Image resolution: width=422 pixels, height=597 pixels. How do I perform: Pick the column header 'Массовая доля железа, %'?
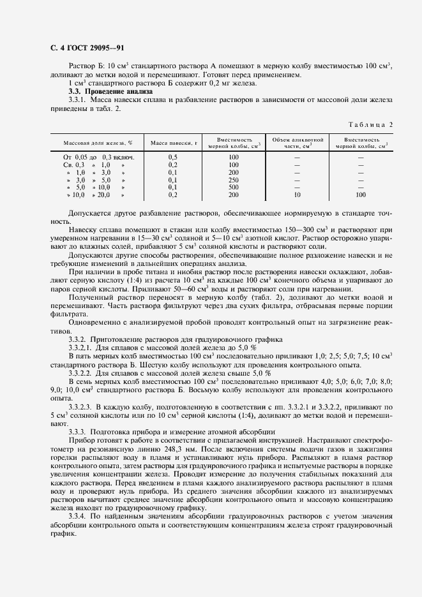(x=98, y=143)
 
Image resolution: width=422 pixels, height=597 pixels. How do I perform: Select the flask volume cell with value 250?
(x=233, y=180)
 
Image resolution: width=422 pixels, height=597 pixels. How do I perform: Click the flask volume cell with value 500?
(x=233, y=188)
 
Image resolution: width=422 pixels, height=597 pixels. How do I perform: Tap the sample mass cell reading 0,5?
(x=172, y=157)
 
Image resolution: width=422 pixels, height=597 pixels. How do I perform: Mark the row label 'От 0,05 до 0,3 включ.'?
(x=98, y=157)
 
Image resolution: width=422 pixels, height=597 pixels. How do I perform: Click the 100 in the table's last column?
(x=361, y=195)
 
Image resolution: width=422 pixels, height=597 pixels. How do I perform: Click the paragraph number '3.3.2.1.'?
(x=80, y=348)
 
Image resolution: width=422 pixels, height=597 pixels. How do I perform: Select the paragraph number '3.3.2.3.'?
(x=80, y=406)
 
